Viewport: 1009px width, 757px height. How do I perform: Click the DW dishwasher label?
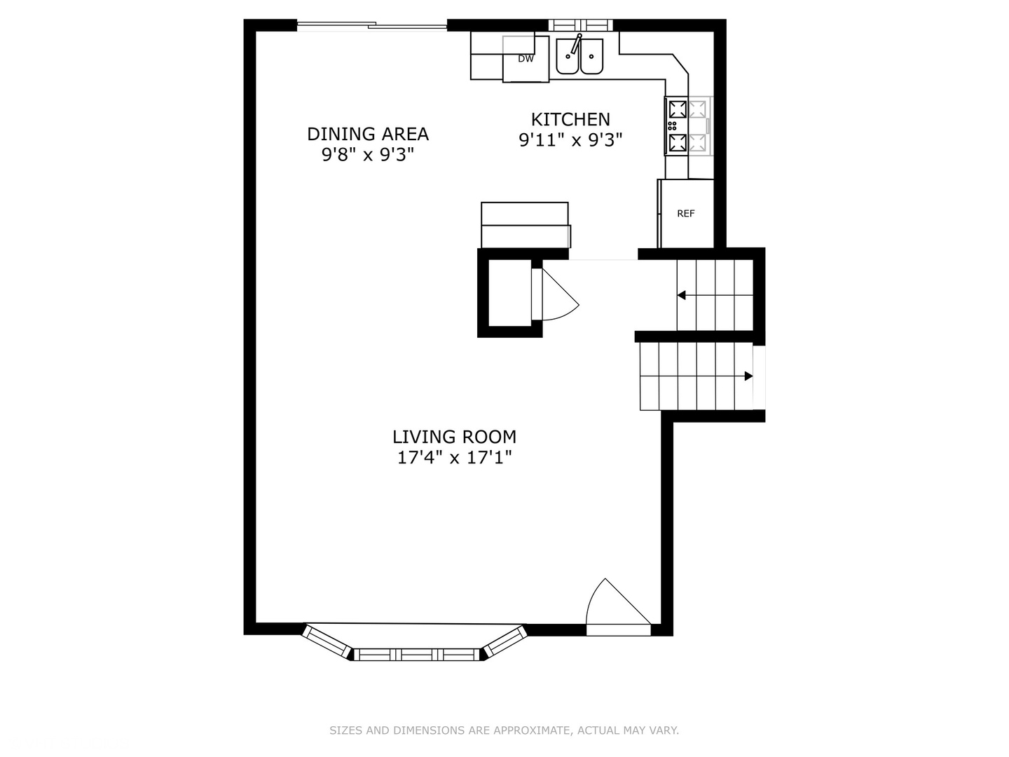pos(526,59)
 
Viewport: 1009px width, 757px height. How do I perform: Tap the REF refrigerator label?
pos(685,214)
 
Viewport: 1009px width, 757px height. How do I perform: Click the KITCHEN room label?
pos(570,119)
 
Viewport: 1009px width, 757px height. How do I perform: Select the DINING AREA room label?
pos(368,133)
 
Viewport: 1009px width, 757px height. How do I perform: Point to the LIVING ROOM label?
pos(454,437)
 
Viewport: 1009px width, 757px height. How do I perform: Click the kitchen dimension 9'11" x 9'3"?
pos(570,140)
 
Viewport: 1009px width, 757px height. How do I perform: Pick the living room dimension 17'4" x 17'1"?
pos(454,458)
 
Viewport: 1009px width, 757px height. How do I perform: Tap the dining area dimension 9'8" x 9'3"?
pos(368,154)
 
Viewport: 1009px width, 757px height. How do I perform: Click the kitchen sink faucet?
pos(576,44)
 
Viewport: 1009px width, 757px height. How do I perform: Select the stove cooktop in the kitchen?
pos(688,126)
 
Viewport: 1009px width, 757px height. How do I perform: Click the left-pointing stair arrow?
pos(681,296)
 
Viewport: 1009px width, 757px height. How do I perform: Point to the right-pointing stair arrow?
pos(748,376)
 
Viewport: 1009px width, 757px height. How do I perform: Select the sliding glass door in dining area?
pos(371,27)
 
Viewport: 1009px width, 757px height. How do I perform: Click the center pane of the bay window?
pos(418,655)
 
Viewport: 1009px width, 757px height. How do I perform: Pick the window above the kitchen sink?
pos(580,25)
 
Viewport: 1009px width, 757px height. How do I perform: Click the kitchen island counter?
pos(525,224)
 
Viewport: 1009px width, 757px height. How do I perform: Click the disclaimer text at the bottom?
pos(504,730)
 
